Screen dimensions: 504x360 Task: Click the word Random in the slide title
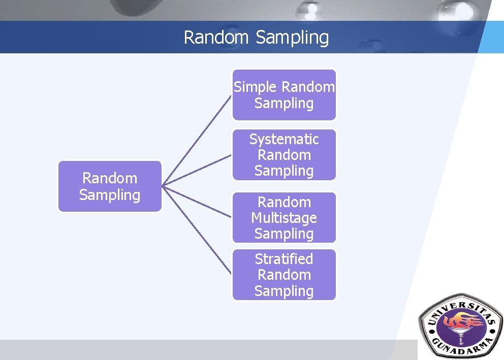click(216, 37)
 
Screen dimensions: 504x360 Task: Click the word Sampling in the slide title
click(292, 38)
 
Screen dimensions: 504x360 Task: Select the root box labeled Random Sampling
click(110, 186)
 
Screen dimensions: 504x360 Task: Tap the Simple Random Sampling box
click(284, 95)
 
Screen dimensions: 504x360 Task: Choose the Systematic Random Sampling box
click(284, 155)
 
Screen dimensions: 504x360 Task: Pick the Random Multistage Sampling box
click(284, 218)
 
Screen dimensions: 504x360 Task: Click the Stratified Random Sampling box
click(284, 275)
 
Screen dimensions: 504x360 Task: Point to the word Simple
click(255, 87)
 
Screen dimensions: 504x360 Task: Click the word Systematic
click(284, 140)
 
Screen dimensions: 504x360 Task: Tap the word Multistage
click(284, 218)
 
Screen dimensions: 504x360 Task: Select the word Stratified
click(284, 259)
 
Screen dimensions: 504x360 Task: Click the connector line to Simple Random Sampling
click(197, 140)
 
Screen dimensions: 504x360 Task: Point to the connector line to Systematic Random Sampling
click(197, 170)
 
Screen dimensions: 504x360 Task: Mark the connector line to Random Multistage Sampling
click(197, 202)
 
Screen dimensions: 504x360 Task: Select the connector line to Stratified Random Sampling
click(197, 230)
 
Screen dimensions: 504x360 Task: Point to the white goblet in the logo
click(460, 334)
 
